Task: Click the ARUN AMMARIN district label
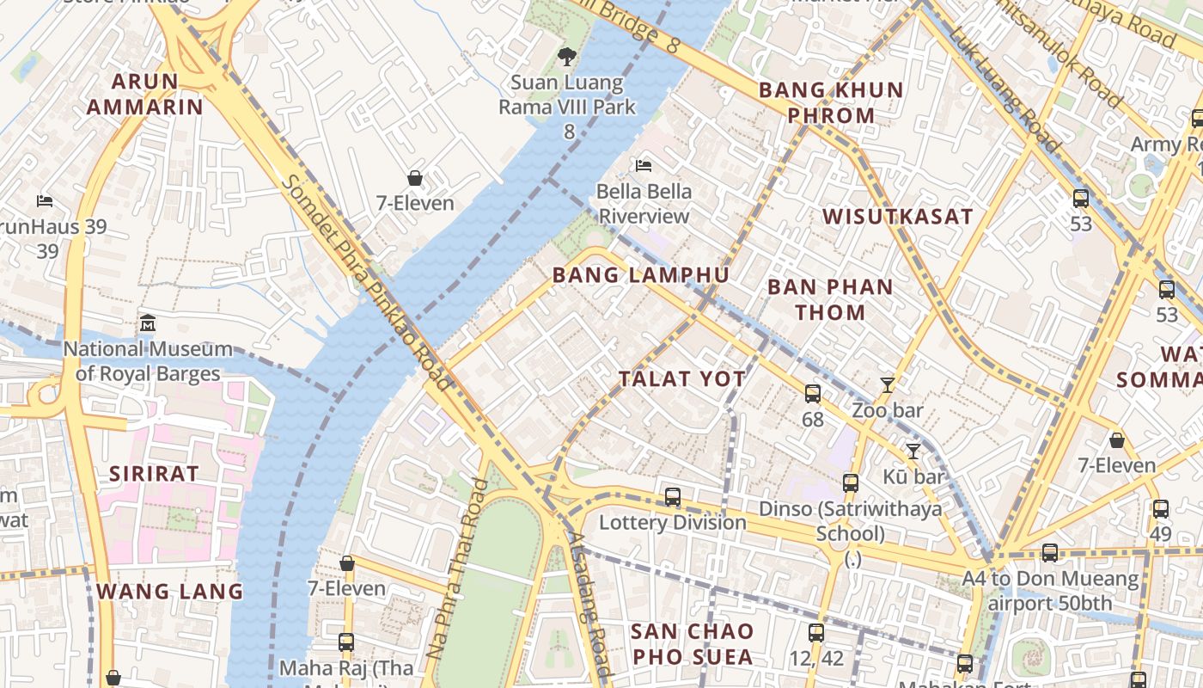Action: click(144, 95)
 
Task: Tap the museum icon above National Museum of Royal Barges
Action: click(148, 324)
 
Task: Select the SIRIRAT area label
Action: click(154, 474)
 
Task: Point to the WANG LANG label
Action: click(169, 592)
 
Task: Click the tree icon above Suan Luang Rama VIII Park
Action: click(566, 58)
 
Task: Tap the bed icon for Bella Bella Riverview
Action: click(644, 165)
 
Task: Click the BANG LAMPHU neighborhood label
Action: click(640, 275)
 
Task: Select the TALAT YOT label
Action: click(682, 379)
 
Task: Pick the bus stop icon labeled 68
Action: click(812, 394)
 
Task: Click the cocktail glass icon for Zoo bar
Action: click(888, 385)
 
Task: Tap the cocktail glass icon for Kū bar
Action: click(913, 451)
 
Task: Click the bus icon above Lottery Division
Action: click(673, 497)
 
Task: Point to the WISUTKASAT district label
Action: click(898, 217)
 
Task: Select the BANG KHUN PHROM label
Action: click(830, 102)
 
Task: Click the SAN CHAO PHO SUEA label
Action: click(692, 644)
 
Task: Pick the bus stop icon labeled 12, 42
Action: click(816, 634)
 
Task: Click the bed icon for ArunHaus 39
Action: click(45, 201)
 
